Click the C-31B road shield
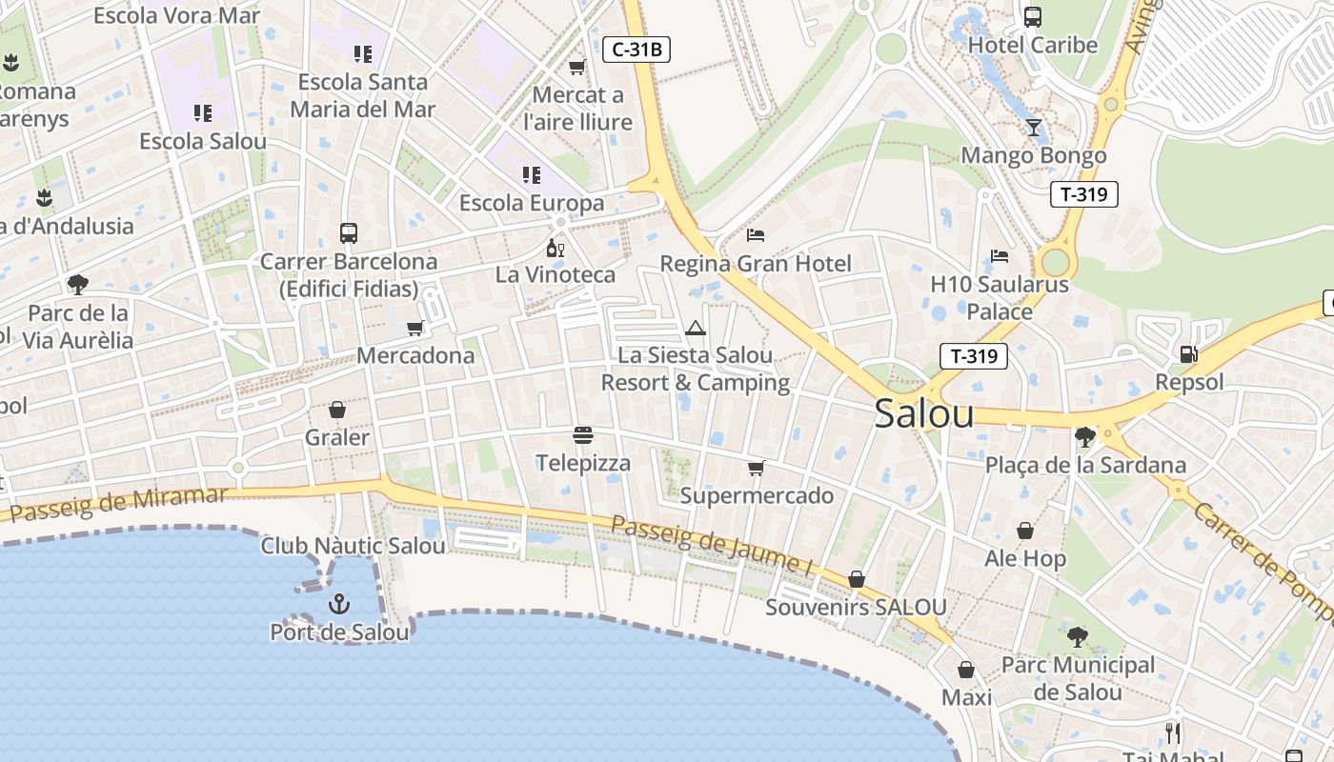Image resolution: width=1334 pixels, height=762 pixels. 637,50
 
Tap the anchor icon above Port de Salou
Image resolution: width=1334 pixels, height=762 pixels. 339,604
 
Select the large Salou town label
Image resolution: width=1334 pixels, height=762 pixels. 924,413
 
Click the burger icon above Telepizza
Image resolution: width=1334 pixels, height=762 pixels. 583,435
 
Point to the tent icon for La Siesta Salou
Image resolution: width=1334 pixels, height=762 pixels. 696,329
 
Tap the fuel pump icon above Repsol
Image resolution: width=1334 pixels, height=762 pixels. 1188,354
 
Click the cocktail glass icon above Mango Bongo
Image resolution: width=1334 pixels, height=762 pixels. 1034,128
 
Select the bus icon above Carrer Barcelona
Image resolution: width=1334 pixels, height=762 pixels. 349,233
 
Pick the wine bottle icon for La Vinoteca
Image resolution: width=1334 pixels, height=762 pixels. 555,249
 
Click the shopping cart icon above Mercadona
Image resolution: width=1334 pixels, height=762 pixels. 414,329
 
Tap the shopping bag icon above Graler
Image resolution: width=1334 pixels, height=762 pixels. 336,411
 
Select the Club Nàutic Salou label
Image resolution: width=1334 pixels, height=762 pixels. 353,546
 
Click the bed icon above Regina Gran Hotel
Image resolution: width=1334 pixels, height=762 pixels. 756,234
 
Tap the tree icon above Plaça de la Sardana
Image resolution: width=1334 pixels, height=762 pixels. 1084,437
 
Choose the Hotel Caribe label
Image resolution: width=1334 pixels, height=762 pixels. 1033,45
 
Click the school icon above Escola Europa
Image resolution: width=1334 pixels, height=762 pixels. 531,175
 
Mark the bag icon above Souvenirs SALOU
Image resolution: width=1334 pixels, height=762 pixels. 857,579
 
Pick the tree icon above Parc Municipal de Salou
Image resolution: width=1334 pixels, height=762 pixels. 1078,636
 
